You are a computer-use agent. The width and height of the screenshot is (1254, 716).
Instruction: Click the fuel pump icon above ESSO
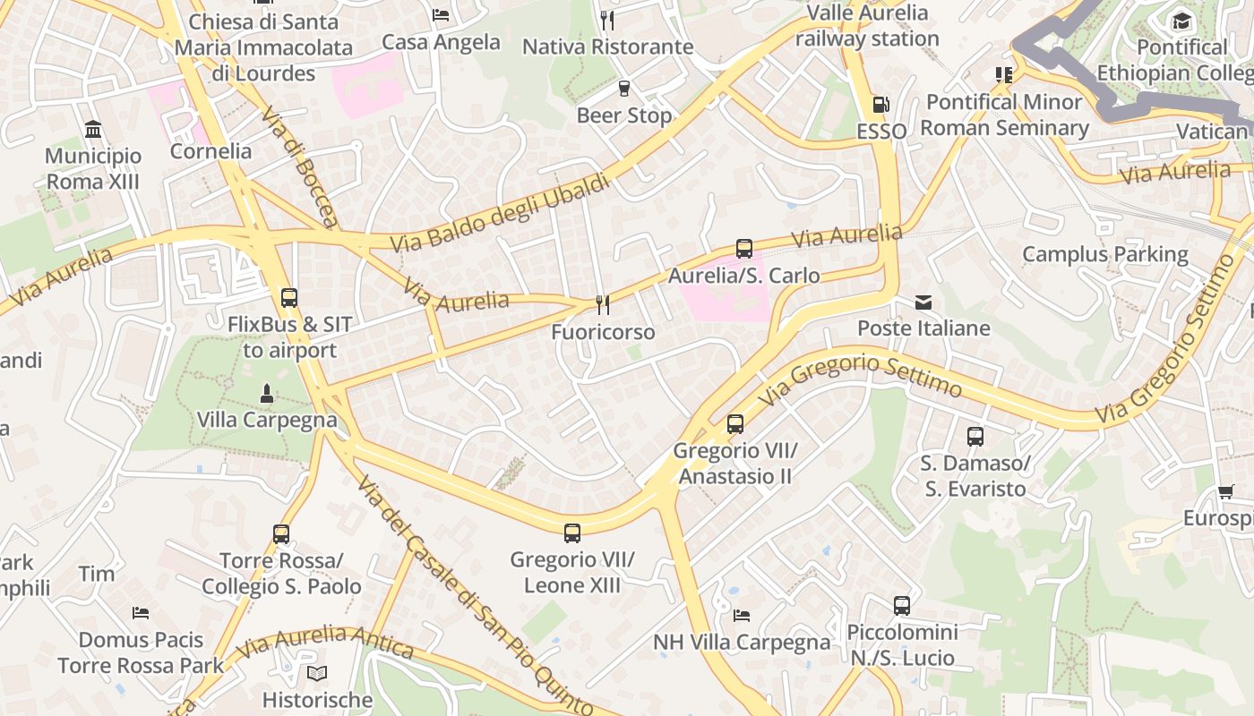pyautogui.click(x=880, y=105)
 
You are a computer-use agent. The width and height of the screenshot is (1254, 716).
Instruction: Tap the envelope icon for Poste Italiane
pyautogui.click(x=923, y=303)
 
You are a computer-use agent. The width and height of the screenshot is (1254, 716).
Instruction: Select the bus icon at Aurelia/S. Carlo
pyautogui.click(x=743, y=249)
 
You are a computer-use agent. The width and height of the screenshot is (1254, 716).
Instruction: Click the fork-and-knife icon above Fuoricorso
pyautogui.click(x=603, y=305)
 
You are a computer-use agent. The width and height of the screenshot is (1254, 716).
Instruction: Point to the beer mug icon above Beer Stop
pyautogui.click(x=624, y=88)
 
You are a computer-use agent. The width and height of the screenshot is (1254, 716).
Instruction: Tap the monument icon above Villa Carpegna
pyautogui.click(x=266, y=393)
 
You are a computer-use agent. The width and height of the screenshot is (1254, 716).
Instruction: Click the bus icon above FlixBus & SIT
pyautogui.click(x=288, y=298)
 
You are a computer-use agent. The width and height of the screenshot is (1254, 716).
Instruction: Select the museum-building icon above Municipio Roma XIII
pyautogui.click(x=93, y=130)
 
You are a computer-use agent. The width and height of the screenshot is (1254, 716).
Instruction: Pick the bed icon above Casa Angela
pyautogui.click(x=441, y=15)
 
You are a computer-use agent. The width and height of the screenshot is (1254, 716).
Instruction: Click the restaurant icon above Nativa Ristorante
pyautogui.click(x=607, y=20)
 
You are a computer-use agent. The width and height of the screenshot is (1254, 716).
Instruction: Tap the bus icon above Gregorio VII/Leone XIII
pyautogui.click(x=572, y=533)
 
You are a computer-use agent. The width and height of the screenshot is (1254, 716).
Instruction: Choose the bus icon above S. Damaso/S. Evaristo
pyautogui.click(x=975, y=437)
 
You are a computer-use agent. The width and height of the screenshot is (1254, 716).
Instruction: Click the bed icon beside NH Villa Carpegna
pyautogui.click(x=742, y=615)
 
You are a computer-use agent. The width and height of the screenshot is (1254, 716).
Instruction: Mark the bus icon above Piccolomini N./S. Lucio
pyautogui.click(x=902, y=606)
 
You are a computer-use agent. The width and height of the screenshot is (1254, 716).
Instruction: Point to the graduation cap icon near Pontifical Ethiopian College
pyautogui.click(x=1182, y=21)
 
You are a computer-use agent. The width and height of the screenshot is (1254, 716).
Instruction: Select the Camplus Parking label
pyautogui.click(x=1105, y=254)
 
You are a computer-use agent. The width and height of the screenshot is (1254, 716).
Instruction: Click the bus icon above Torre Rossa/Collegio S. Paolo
pyautogui.click(x=281, y=534)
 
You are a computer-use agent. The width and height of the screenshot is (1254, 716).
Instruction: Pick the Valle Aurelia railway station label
pyautogui.click(x=867, y=25)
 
